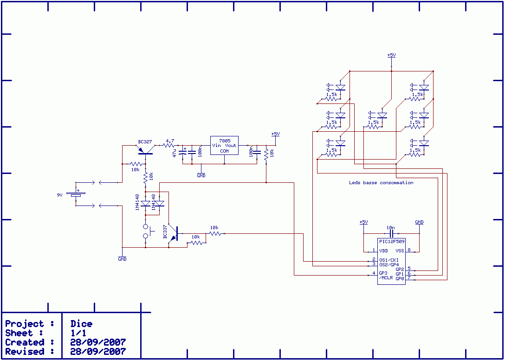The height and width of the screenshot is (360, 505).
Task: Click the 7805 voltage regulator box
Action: pyautogui.click(x=224, y=145)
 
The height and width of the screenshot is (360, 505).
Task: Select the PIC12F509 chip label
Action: pyautogui.click(x=392, y=241)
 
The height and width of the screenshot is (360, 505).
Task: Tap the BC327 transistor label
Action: pyautogui.click(x=145, y=141)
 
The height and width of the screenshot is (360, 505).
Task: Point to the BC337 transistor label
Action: pyautogui.click(x=165, y=231)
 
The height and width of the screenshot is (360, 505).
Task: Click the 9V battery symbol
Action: pyautogui.click(x=76, y=194)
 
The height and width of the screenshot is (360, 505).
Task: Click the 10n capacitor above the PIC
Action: pyautogui.click(x=391, y=233)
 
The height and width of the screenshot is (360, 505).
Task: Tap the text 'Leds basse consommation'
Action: pyautogui.click(x=381, y=183)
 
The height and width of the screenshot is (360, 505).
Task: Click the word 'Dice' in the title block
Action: pyautogui.click(x=82, y=324)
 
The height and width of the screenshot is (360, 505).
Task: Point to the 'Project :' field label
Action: pyautogui.click(x=30, y=324)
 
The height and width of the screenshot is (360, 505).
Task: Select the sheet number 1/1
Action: pyautogui.click(x=78, y=333)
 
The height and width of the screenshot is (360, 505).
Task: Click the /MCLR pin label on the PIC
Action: pyautogui.click(x=386, y=278)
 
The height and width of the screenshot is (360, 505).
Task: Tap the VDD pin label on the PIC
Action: pyautogui.click(x=383, y=250)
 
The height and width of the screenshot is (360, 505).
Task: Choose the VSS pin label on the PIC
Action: pyautogui.click(x=400, y=250)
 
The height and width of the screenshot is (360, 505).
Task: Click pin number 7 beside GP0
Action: pyautogui.click(x=409, y=277)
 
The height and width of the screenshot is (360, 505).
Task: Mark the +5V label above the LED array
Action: pyautogui.click(x=391, y=55)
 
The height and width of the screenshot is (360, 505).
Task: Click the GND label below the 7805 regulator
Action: pyautogui.click(x=201, y=176)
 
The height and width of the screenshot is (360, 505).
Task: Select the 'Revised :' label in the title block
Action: pyautogui.click(x=30, y=351)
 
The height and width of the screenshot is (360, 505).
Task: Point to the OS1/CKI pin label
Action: pyautogui.click(x=389, y=260)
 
